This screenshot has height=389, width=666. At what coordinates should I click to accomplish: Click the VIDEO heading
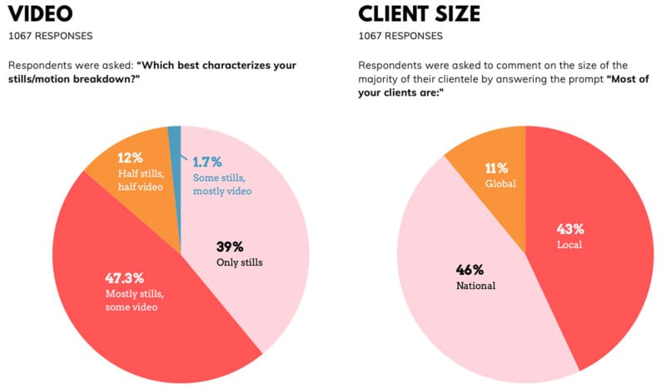[41, 14]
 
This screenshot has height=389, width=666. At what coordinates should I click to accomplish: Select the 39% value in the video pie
[229, 247]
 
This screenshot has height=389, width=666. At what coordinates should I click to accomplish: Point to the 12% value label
[131, 157]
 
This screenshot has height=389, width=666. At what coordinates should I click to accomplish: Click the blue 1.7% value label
[207, 162]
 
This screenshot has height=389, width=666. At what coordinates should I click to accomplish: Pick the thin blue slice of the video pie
[175, 146]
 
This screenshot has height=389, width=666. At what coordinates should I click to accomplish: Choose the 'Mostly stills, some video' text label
[133, 300]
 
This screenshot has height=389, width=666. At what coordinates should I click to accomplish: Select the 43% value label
[570, 228]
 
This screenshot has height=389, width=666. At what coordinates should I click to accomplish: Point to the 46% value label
[470, 269]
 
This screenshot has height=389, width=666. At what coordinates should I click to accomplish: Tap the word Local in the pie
[569, 245]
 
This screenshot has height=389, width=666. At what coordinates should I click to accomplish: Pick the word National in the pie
[475, 286]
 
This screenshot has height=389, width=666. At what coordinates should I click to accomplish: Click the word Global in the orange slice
[501, 184]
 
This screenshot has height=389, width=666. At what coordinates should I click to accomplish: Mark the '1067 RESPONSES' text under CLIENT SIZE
[400, 36]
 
